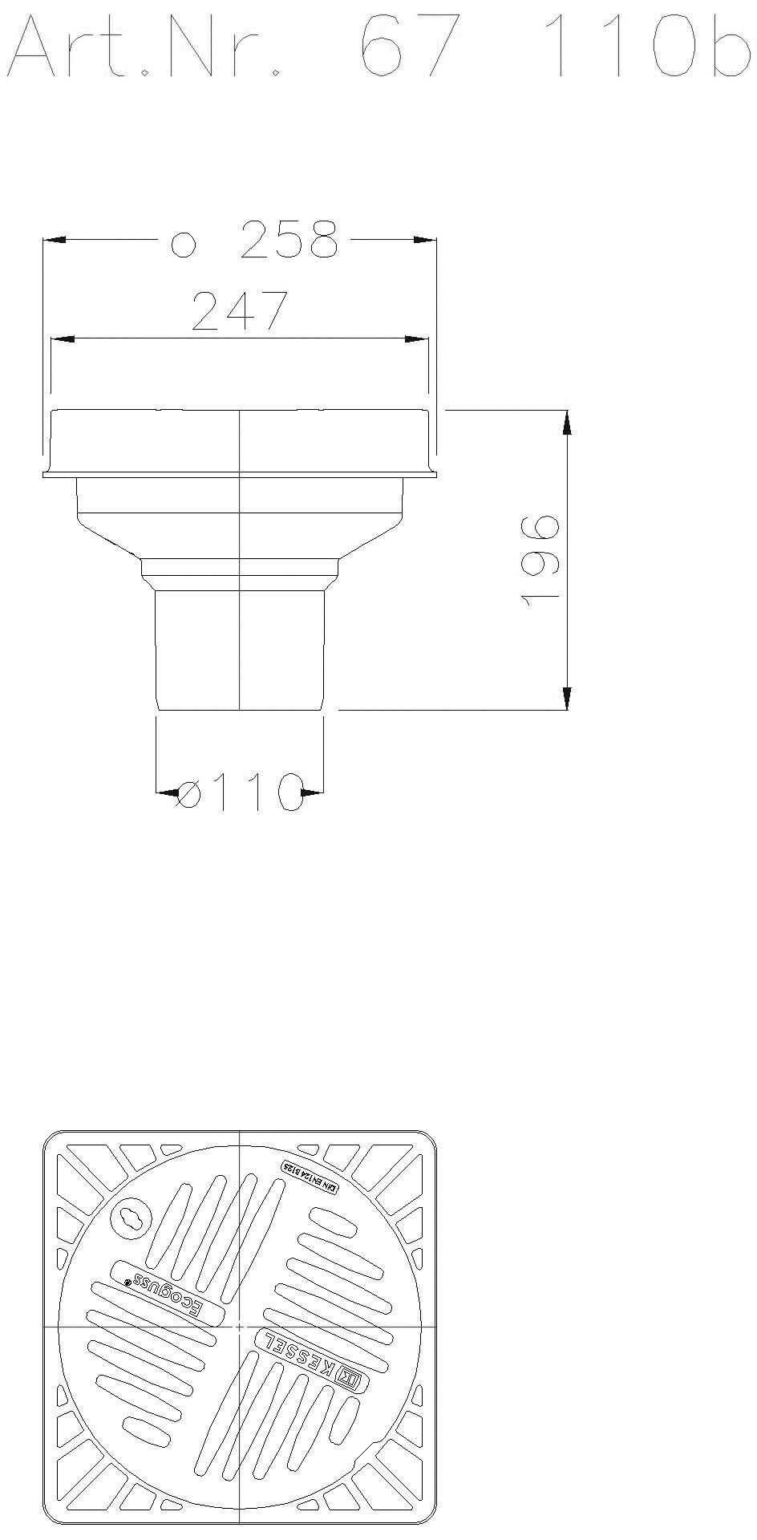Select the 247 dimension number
pos(240,311)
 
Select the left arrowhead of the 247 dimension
pos(63,339)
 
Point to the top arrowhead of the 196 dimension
pos(567,422)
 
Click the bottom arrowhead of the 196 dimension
pos(567,698)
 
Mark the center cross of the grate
pos(240,1327)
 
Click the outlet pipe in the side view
pos(240,650)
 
